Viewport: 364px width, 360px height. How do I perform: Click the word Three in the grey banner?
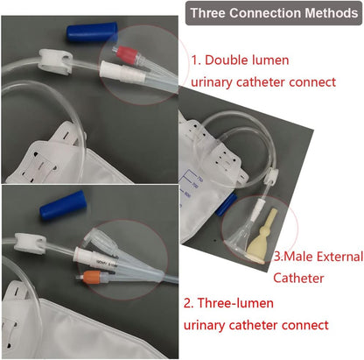point(207,13)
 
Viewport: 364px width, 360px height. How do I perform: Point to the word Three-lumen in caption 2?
point(235,303)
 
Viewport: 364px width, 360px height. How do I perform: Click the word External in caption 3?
point(339,257)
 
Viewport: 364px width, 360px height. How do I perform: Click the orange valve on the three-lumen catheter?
point(93,277)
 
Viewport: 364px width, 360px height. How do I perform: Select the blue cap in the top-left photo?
point(92,32)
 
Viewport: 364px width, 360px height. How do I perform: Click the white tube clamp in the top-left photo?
point(55,61)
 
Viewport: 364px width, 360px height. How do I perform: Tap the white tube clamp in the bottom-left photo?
point(30,243)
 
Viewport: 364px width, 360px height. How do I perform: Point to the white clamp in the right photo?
point(271,176)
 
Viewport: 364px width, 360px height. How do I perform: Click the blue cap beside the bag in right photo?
point(227,204)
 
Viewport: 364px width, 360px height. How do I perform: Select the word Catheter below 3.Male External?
point(298,278)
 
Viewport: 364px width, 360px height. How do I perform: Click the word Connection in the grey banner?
point(265,13)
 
